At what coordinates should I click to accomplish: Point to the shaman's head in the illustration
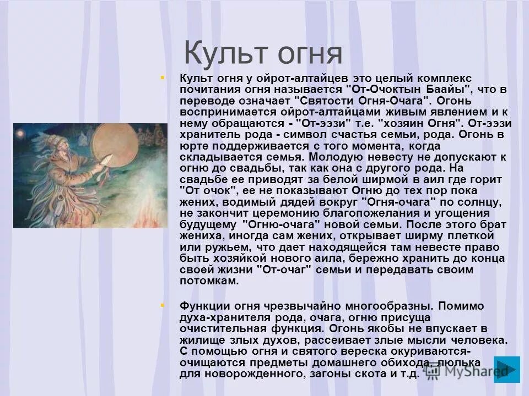tap(71, 148)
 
